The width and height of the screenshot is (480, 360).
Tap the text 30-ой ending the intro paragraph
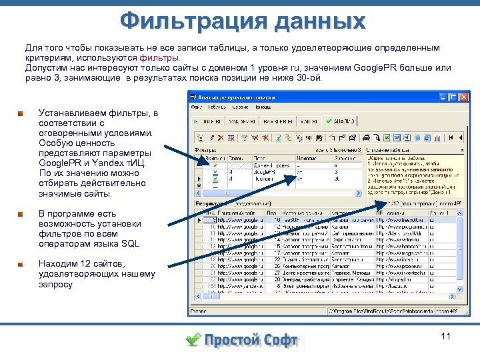click(x=309, y=77)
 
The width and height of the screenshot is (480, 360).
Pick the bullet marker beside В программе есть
click(x=22, y=214)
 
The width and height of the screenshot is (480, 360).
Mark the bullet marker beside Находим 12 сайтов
click(x=22, y=265)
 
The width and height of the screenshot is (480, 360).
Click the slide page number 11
click(x=446, y=336)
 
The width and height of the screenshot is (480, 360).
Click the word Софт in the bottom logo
click(x=279, y=340)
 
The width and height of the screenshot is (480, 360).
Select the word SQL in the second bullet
click(x=131, y=244)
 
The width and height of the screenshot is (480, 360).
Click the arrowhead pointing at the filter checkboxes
click(x=207, y=161)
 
